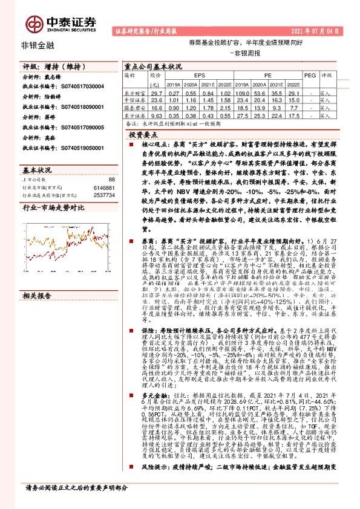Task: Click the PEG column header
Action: (x=309, y=76)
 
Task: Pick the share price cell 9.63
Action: (x=157, y=115)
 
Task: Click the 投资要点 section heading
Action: (x=151, y=138)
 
